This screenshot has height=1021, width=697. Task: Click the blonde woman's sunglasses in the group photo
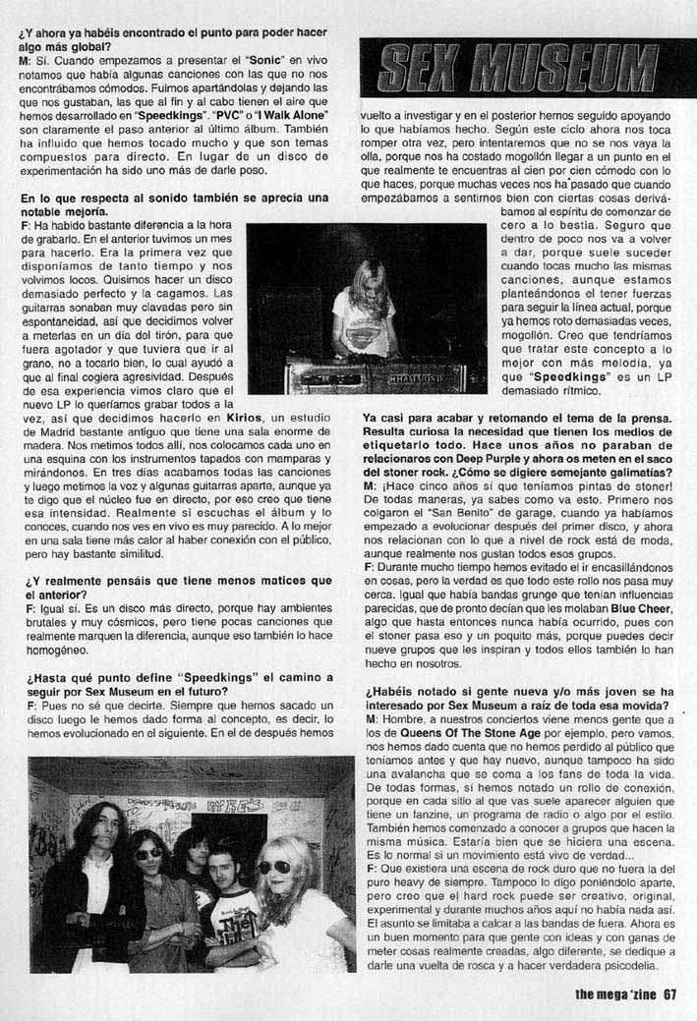(x=274, y=867)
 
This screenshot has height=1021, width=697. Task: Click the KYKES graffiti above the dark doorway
(x=228, y=805)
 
